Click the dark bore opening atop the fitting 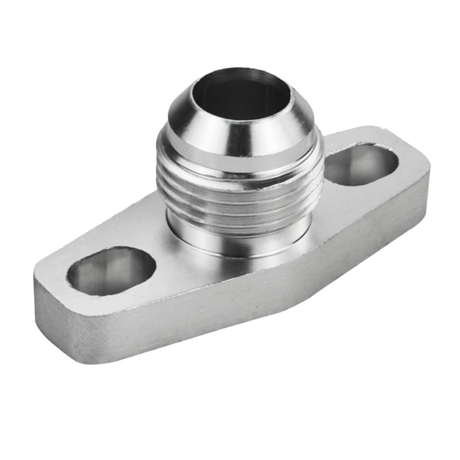click(x=240, y=97)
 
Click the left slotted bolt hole click(x=111, y=271)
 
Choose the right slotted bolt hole click(x=362, y=164)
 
